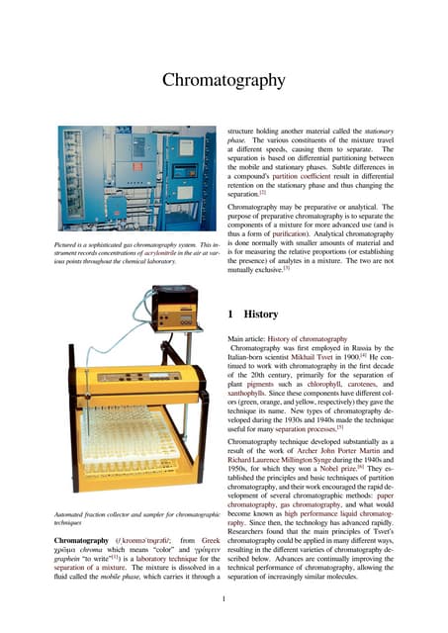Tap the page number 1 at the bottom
(224, 598)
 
